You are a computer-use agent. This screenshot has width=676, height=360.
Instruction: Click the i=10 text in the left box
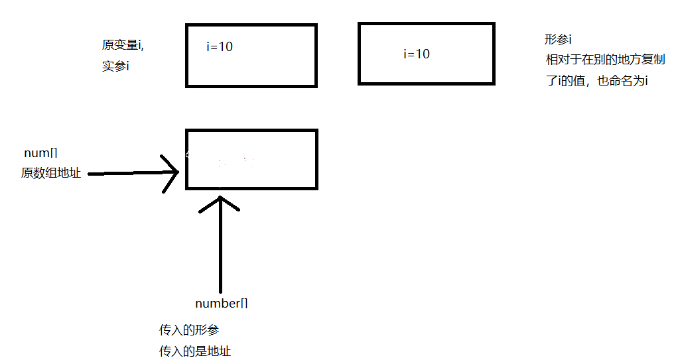tap(220, 47)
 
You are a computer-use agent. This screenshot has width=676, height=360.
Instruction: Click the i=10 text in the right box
tap(417, 54)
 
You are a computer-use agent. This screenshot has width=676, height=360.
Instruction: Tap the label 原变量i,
tap(123, 45)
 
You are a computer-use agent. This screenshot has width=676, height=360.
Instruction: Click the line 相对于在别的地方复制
tap(605, 60)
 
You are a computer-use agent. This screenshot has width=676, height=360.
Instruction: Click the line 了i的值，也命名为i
tap(595, 82)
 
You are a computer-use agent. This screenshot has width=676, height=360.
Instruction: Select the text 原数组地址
tap(51, 173)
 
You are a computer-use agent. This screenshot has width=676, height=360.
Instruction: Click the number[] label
tap(222, 304)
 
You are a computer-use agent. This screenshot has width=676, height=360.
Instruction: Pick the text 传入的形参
tap(188, 330)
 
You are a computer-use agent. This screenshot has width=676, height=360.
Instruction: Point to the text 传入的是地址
tap(195, 351)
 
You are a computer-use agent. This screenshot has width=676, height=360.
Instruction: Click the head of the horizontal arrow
tap(174, 174)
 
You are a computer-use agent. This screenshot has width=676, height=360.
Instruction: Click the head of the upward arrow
tap(220, 200)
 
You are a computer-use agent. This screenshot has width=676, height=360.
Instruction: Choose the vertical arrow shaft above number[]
tap(220, 252)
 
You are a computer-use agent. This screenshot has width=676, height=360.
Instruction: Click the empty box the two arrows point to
tap(251, 159)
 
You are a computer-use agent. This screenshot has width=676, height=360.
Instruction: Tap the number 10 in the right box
tap(423, 54)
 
